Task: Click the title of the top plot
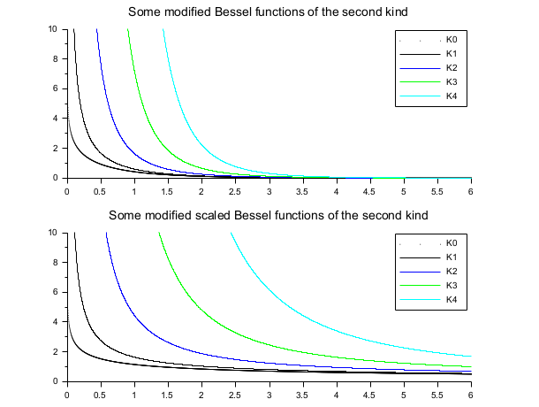click(269, 12)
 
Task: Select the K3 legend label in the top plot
click(452, 81)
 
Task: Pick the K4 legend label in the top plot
click(452, 96)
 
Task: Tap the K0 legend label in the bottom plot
click(452, 242)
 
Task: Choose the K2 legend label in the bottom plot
click(452, 271)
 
